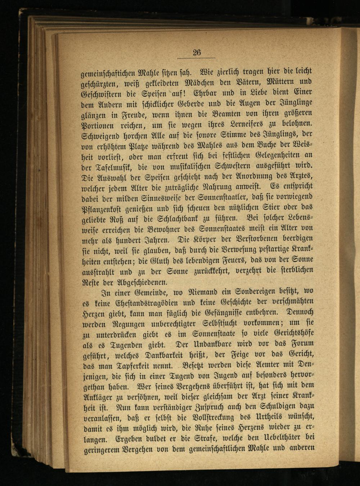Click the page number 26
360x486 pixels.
point(197,52)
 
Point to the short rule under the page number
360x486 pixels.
point(197,58)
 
